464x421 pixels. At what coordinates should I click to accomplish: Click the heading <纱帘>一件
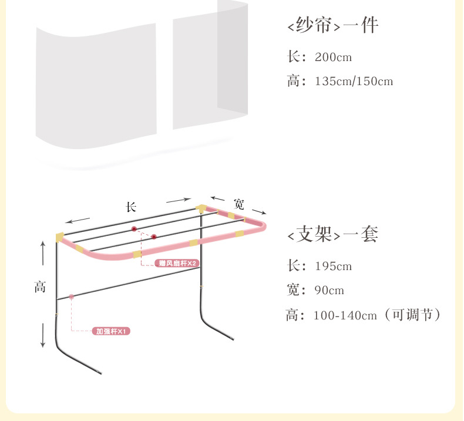coord(332,26)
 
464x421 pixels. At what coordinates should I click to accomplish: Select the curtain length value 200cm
coord(334,58)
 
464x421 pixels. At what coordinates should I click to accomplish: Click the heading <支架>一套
coord(332,235)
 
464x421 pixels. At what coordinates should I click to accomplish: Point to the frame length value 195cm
coord(332,266)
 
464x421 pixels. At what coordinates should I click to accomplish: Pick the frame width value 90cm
coord(329,290)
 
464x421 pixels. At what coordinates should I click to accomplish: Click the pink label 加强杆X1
coord(112,332)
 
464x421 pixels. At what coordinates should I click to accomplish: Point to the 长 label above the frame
coord(131,207)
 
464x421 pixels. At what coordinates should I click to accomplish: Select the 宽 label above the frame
coord(239,203)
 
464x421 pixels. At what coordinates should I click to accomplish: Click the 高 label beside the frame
coord(40,287)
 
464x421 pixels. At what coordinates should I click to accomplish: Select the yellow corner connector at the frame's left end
coord(59,237)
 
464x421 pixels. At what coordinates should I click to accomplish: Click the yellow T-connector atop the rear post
coord(201,208)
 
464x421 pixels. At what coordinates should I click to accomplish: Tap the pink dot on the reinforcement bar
coord(72,297)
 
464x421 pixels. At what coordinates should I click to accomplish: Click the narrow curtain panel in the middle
coord(195,70)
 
